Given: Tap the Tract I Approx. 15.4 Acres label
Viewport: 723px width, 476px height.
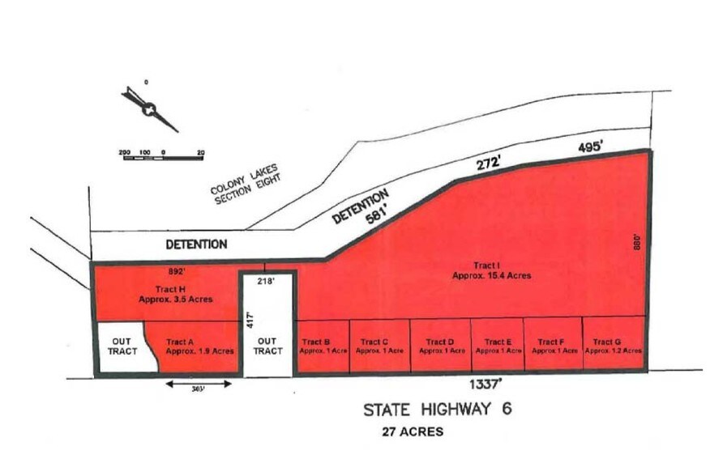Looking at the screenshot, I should pyautogui.click(x=491, y=270).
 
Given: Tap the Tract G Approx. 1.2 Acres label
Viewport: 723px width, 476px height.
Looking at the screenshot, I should pyautogui.click(x=613, y=346).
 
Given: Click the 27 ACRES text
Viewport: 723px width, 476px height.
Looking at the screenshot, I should pyautogui.click(x=413, y=432).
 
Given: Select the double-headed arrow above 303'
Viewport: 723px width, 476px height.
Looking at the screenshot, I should pyautogui.click(x=198, y=383).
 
